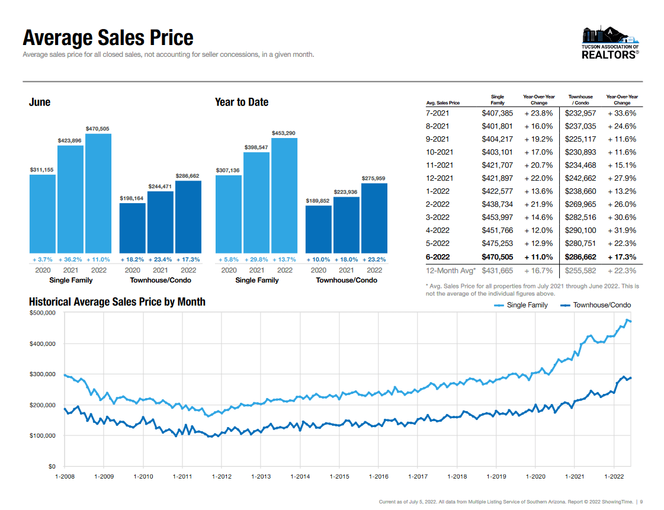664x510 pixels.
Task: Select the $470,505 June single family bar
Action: tap(98, 194)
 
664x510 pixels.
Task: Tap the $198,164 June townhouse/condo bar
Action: tap(133, 228)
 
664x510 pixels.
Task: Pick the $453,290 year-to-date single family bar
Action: tap(284, 195)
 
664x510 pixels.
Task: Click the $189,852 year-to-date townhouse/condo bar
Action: tap(319, 229)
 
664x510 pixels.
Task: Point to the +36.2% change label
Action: tap(70, 259)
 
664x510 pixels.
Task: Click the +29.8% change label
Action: tap(256, 259)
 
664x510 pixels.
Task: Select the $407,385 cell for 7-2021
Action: tap(497, 113)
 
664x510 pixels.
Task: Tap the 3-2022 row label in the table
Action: tap(438, 217)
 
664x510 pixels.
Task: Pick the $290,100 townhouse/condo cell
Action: tap(580, 230)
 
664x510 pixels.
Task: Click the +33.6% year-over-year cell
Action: tap(622, 113)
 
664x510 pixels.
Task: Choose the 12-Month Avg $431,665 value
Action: tap(497, 271)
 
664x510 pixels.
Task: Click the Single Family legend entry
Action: tap(521, 305)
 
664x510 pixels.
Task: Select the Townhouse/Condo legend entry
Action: tap(595, 305)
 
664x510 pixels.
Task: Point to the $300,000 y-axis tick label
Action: tap(42, 374)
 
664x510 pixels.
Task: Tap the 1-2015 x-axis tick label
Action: tap(339, 477)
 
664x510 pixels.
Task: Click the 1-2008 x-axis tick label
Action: tap(65, 477)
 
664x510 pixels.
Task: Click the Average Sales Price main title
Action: tap(108, 37)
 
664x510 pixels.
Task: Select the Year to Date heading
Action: tap(242, 102)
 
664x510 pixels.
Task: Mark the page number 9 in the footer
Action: tap(641, 502)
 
